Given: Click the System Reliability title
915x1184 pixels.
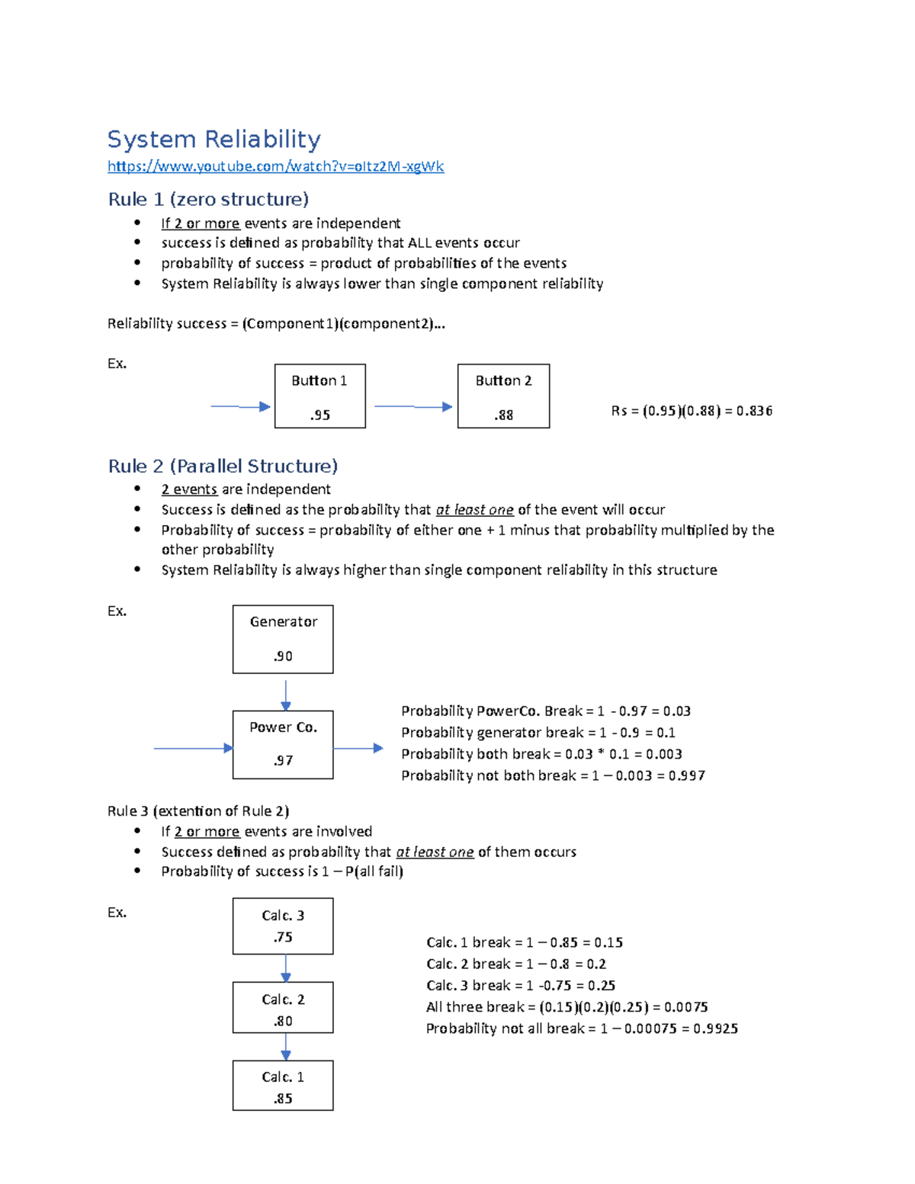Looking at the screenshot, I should (213, 140).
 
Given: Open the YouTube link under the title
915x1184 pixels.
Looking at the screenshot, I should (275, 166).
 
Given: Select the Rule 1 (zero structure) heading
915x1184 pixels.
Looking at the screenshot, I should (208, 199).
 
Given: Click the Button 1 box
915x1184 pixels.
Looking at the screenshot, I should (319, 396).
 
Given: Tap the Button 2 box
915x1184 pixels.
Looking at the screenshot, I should (503, 396).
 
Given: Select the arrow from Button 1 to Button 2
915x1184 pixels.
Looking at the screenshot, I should (413, 406).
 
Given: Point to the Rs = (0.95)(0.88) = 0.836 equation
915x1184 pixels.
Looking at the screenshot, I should (692, 411).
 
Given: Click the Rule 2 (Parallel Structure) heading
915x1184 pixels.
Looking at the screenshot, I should (223, 466).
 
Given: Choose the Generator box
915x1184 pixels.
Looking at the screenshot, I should (283, 639).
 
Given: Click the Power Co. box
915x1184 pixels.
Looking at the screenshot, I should (283, 744).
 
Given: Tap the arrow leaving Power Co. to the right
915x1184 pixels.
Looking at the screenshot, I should (358, 748).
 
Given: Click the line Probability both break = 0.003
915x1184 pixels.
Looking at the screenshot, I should (541, 754).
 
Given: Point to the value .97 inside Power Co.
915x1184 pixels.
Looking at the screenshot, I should (283, 761).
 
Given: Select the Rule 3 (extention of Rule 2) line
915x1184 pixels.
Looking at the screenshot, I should (198, 810).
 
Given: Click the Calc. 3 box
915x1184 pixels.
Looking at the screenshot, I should (283, 926).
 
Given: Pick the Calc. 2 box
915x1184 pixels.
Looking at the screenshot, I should (283, 1007).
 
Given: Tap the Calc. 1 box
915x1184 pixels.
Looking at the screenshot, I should (283, 1086).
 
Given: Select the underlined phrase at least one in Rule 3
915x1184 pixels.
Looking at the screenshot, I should (435, 852).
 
